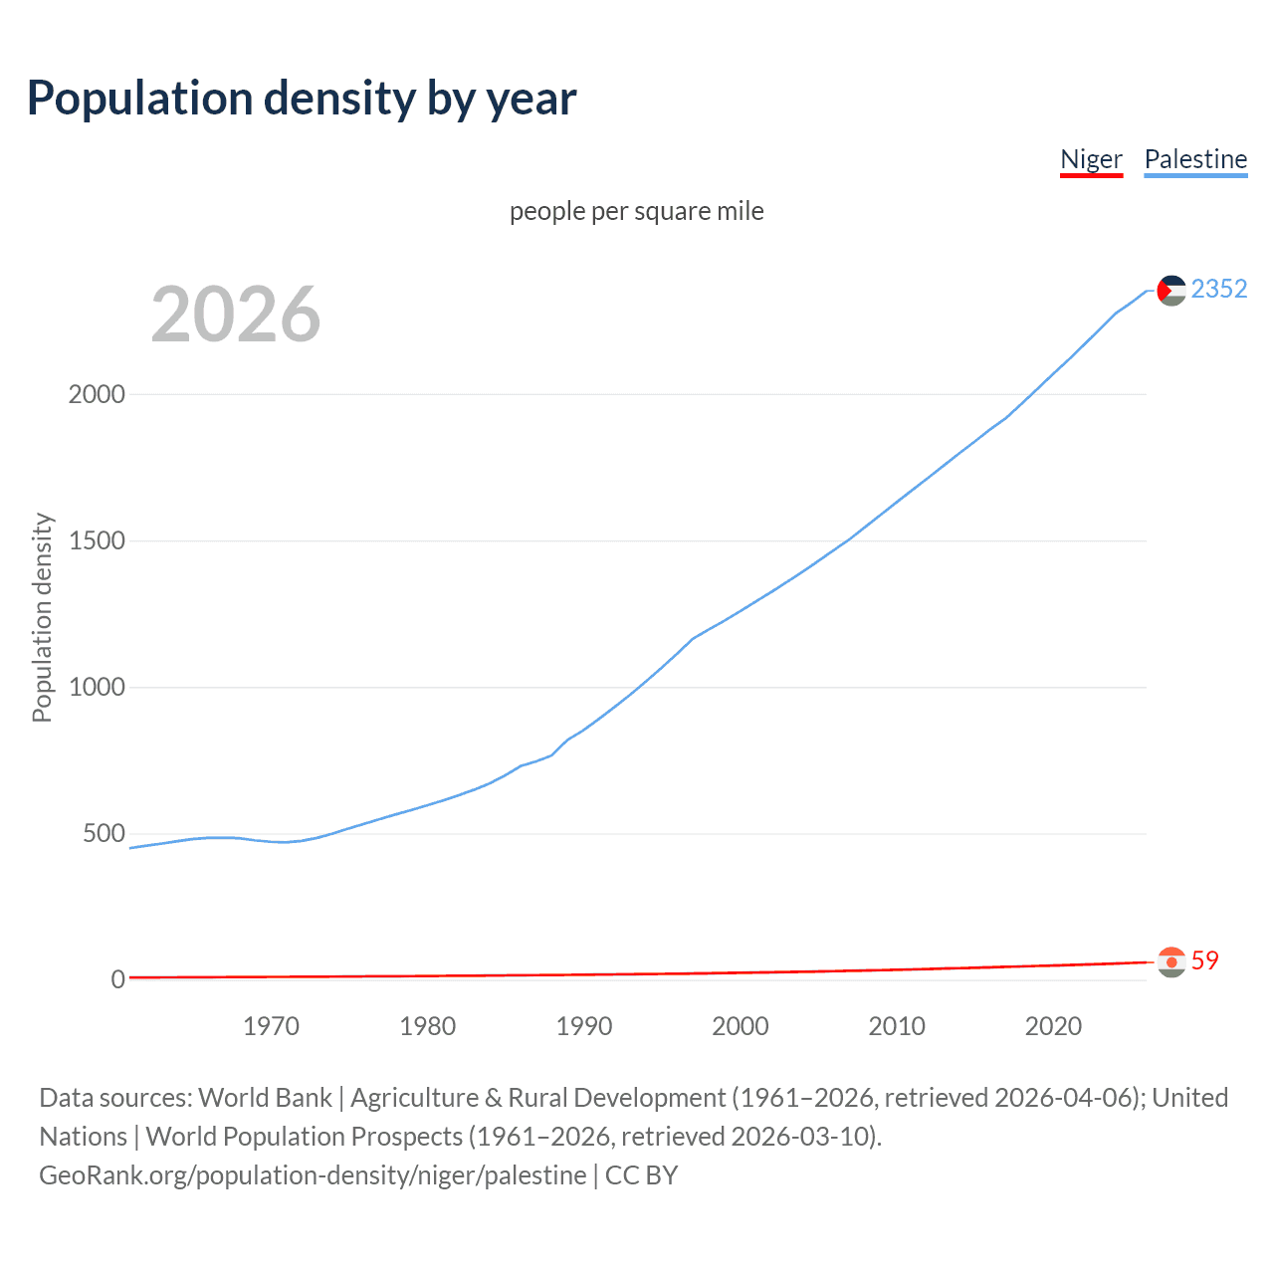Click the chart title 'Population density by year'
click(x=302, y=99)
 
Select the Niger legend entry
click(x=1091, y=159)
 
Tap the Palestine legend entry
click(x=1195, y=159)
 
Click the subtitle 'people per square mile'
click(x=636, y=211)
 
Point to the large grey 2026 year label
click(x=236, y=315)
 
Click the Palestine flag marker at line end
click(x=1171, y=290)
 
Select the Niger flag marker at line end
click(x=1171, y=961)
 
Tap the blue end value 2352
click(x=1218, y=289)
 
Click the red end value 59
click(x=1204, y=960)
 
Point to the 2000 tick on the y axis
click(x=97, y=394)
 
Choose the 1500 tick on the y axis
click(x=97, y=540)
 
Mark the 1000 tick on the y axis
click(x=97, y=687)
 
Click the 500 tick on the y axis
click(x=104, y=833)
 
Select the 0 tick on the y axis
click(x=117, y=979)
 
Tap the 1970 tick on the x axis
click(x=271, y=1026)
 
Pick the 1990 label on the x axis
click(x=584, y=1026)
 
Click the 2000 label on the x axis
click(x=741, y=1026)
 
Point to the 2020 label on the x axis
click(x=1053, y=1026)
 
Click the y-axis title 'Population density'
click(x=42, y=617)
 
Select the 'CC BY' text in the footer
click(x=641, y=1175)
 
